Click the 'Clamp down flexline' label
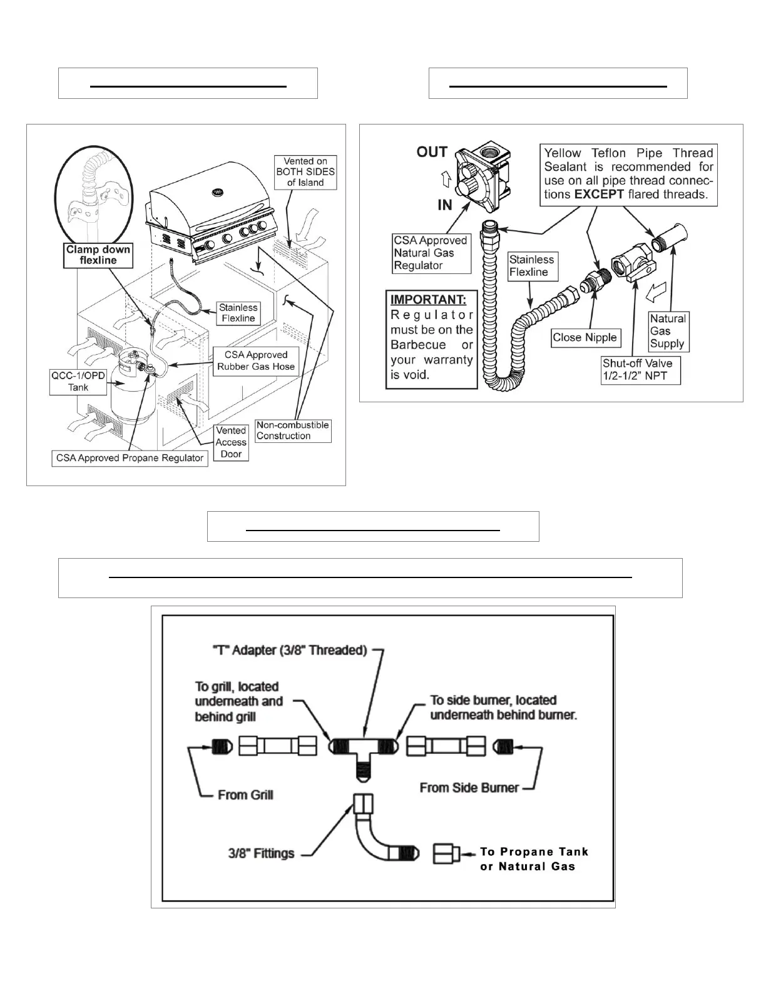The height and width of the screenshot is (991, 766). pos(98,255)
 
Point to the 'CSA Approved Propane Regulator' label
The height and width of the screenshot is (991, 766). pos(130,458)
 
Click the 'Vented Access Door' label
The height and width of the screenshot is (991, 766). pos(231,442)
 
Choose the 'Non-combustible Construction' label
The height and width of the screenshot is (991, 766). pos(292,430)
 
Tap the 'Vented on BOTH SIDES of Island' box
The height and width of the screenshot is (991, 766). pos(305,172)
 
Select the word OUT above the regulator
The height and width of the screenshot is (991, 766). pos(432,152)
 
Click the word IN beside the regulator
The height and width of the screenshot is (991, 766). pos(445,205)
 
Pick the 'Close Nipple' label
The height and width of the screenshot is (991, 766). pos(585,338)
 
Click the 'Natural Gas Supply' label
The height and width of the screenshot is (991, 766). pos(667,331)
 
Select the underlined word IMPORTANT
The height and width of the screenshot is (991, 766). pos(428,300)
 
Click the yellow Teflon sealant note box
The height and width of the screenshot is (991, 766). pos(628,173)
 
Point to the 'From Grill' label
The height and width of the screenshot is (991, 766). pos(245,795)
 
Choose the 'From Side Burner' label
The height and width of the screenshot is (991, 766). pos(469,788)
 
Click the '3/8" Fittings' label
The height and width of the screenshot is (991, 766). pos(261,853)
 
